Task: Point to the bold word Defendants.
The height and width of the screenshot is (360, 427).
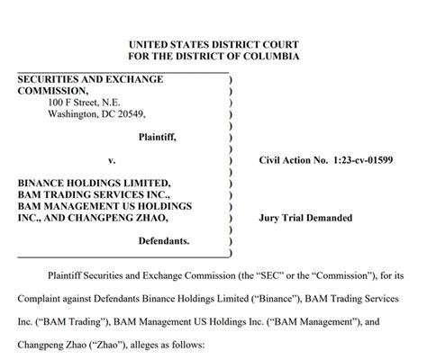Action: coord(163,241)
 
